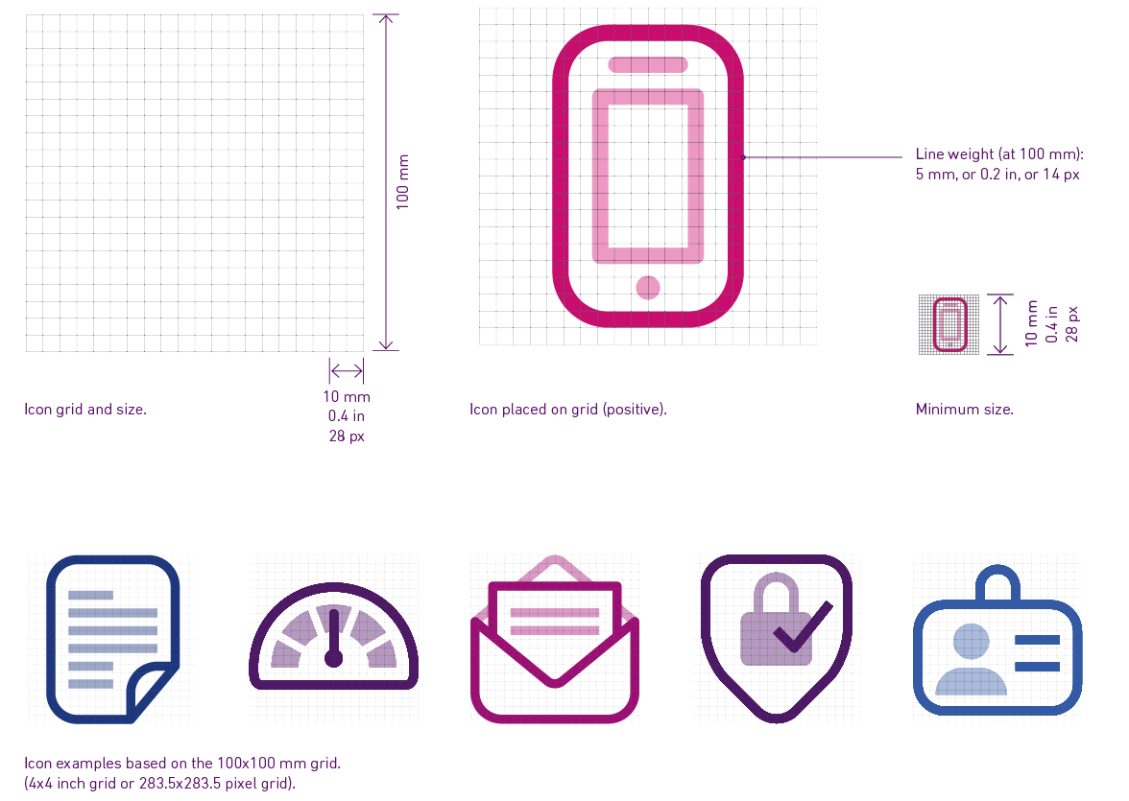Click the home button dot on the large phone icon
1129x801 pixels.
pyautogui.click(x=648, y=287)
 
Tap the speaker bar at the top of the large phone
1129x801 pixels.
pyautogui.click(x=648, y=65)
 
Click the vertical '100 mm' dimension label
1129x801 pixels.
pyautogui.click(x=403, y=181)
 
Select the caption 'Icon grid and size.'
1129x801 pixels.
pyautogui.click(x=85, y=410)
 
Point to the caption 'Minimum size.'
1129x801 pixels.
pyautogui.click(x=964, y=410)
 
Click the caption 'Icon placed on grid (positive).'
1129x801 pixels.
pyautogui.click(x=567, y=410)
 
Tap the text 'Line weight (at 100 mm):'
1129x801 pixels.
pyautogui.click(x=998, y=154)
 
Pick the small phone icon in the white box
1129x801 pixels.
pyautogui.click(x=949, y=325)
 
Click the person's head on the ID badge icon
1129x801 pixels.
pyautogui.click(x=972, y=642)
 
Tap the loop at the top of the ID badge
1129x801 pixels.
pyautogui.click(x=998, y=581)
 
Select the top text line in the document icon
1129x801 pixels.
pyautogui.click(x=90, y=595)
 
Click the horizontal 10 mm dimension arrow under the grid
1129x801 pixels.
pyautogui.click(x=347, y=371)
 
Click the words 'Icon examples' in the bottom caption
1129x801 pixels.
pyautogui.click(x=67, y=765)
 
